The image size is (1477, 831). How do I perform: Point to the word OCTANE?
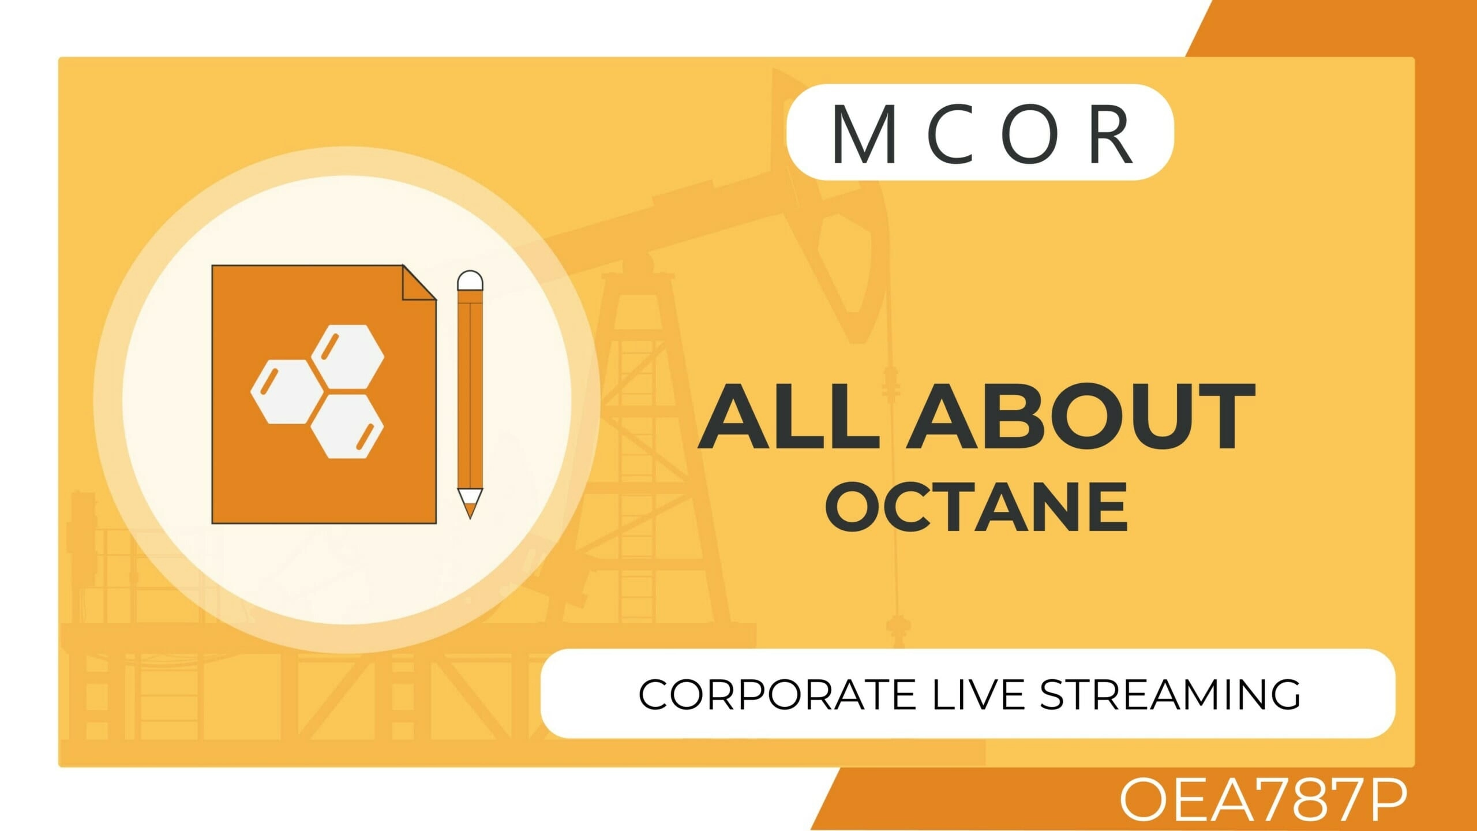tap(976, 507)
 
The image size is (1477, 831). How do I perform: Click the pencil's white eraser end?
tap(470, 280)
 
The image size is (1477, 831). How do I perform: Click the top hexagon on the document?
tap(348, 357)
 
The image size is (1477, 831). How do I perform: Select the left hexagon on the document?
tap(287, 391)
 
